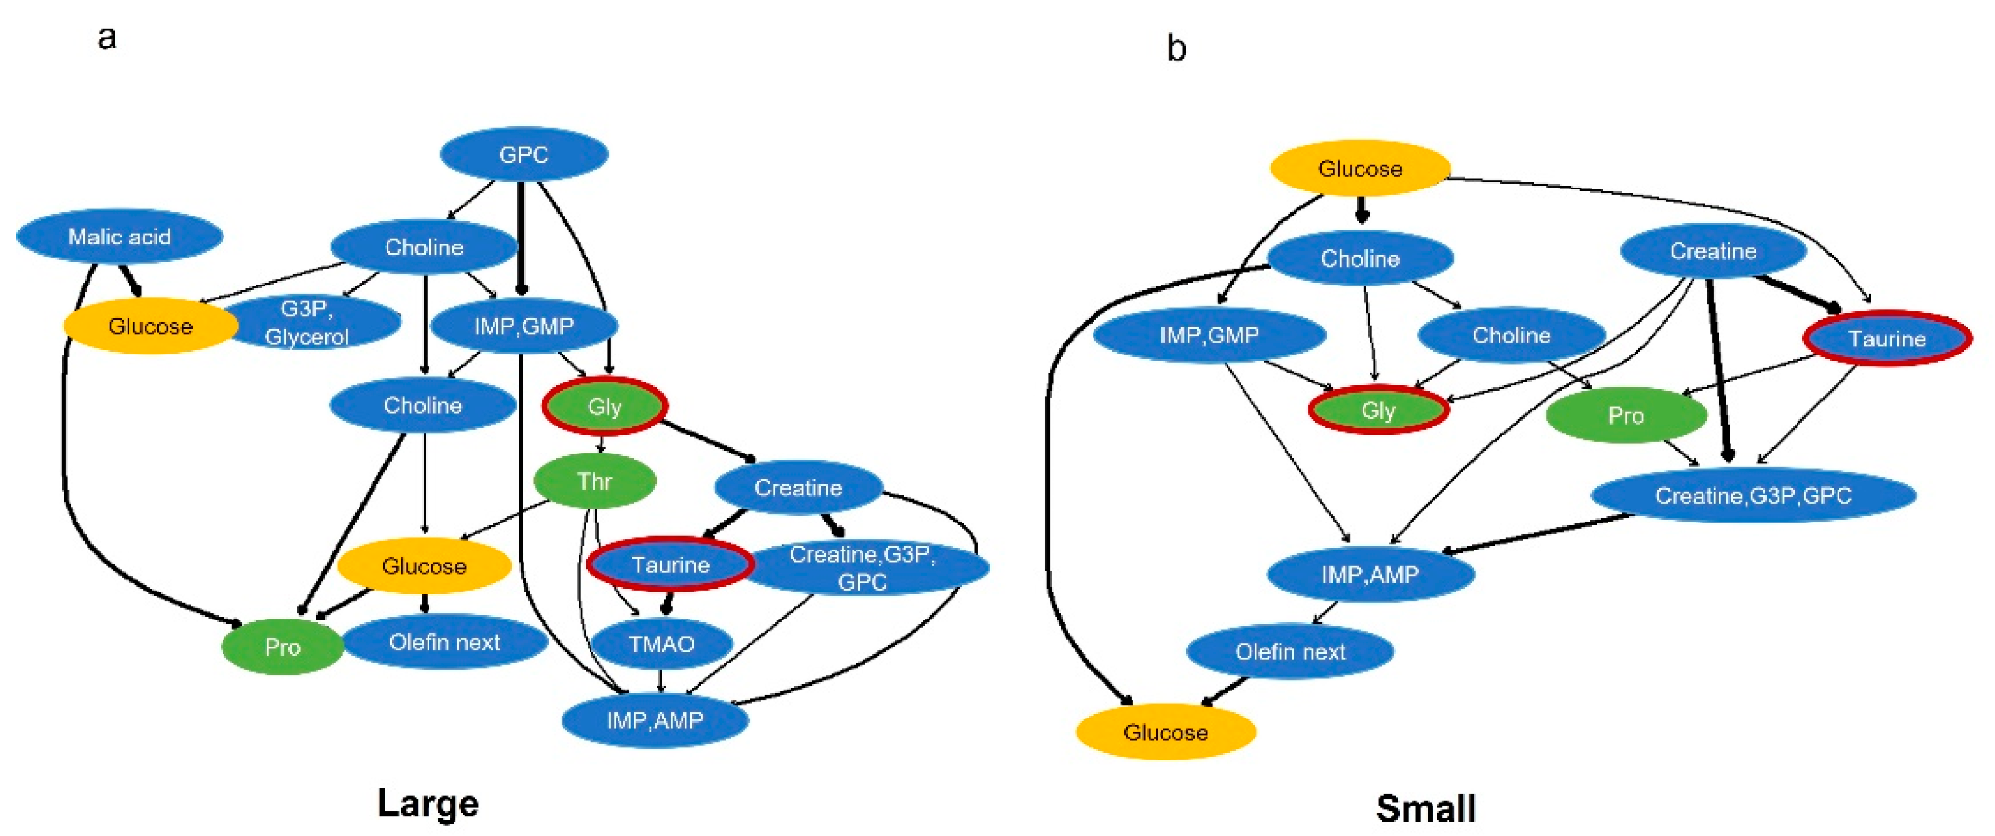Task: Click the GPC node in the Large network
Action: pos(524,154)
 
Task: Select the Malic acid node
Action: pos(119,236)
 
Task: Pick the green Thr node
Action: pos(594,481)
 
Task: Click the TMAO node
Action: pos(660,644)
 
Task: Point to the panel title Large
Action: pos(428,803)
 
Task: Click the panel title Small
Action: pos(1425,808)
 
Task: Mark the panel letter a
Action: pos(107,37)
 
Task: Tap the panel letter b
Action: pos(1176,49)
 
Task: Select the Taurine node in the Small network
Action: pos(1886,339)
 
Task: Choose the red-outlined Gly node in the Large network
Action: pos(604,406)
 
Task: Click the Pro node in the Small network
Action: pos(1625,416)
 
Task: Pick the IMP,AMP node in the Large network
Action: pos(655,721)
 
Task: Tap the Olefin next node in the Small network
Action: pos(1290,652)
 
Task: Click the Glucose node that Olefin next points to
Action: pos(1165,731)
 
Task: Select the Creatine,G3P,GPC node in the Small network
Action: pos(1752,495)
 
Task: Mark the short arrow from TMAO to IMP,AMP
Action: pos(660,680)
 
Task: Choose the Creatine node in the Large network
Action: pos(798,488)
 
